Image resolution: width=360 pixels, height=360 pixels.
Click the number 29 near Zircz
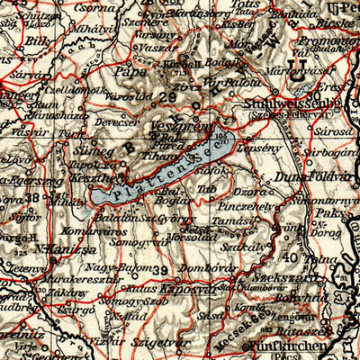click(166, 97)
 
